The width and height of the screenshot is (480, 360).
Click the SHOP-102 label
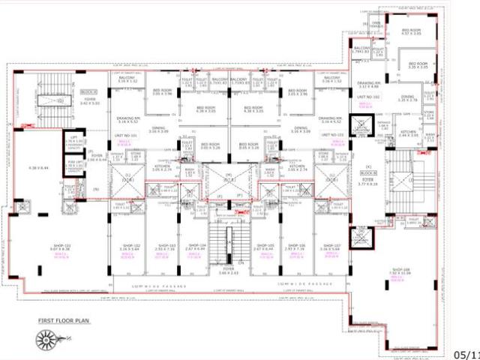132,246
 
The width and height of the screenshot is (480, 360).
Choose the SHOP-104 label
197,246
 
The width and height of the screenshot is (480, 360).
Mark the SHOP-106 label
297,246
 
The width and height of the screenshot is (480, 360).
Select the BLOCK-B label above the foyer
369,172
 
